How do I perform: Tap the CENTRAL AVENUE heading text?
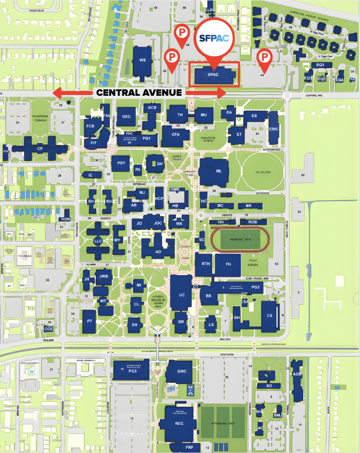click(x=139, y=92)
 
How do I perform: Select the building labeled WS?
click(x=142, y=61)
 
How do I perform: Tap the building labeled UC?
click(x=181, y=294)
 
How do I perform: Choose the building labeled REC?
click(x=179, y=423)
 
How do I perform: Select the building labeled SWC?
click(x=181, y=371)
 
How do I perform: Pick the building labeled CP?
click(x=40, y=148)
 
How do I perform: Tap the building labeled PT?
click(x=89, y=321)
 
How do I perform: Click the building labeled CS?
click(x=269, y=315)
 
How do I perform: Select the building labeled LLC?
click(x=98, y=241)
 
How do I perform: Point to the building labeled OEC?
click(x=127, y=116)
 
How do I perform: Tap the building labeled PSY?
click(x=121, y=163)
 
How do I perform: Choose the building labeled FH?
click(x=228, y=264)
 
